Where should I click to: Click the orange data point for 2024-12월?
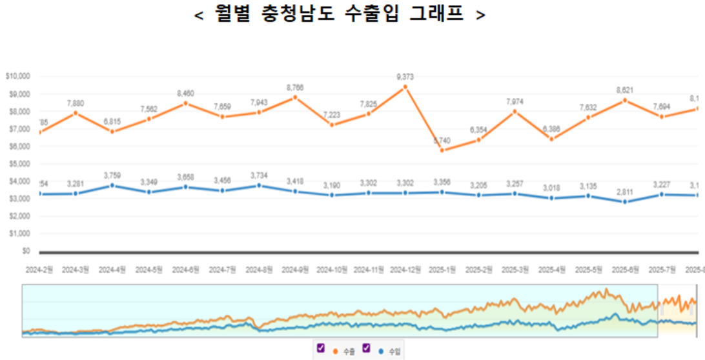405,86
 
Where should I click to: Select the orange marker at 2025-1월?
442,150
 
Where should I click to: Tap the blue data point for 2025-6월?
625,202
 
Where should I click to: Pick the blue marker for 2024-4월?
113,185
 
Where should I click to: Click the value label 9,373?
405,77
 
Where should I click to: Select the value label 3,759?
113,175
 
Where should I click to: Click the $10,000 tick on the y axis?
17,76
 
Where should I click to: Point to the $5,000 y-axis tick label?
19,164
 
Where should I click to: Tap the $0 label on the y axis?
26,250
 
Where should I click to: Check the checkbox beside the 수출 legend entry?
321,348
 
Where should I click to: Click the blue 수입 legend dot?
381,352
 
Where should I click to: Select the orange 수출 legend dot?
336,352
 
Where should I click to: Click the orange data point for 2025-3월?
515,111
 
